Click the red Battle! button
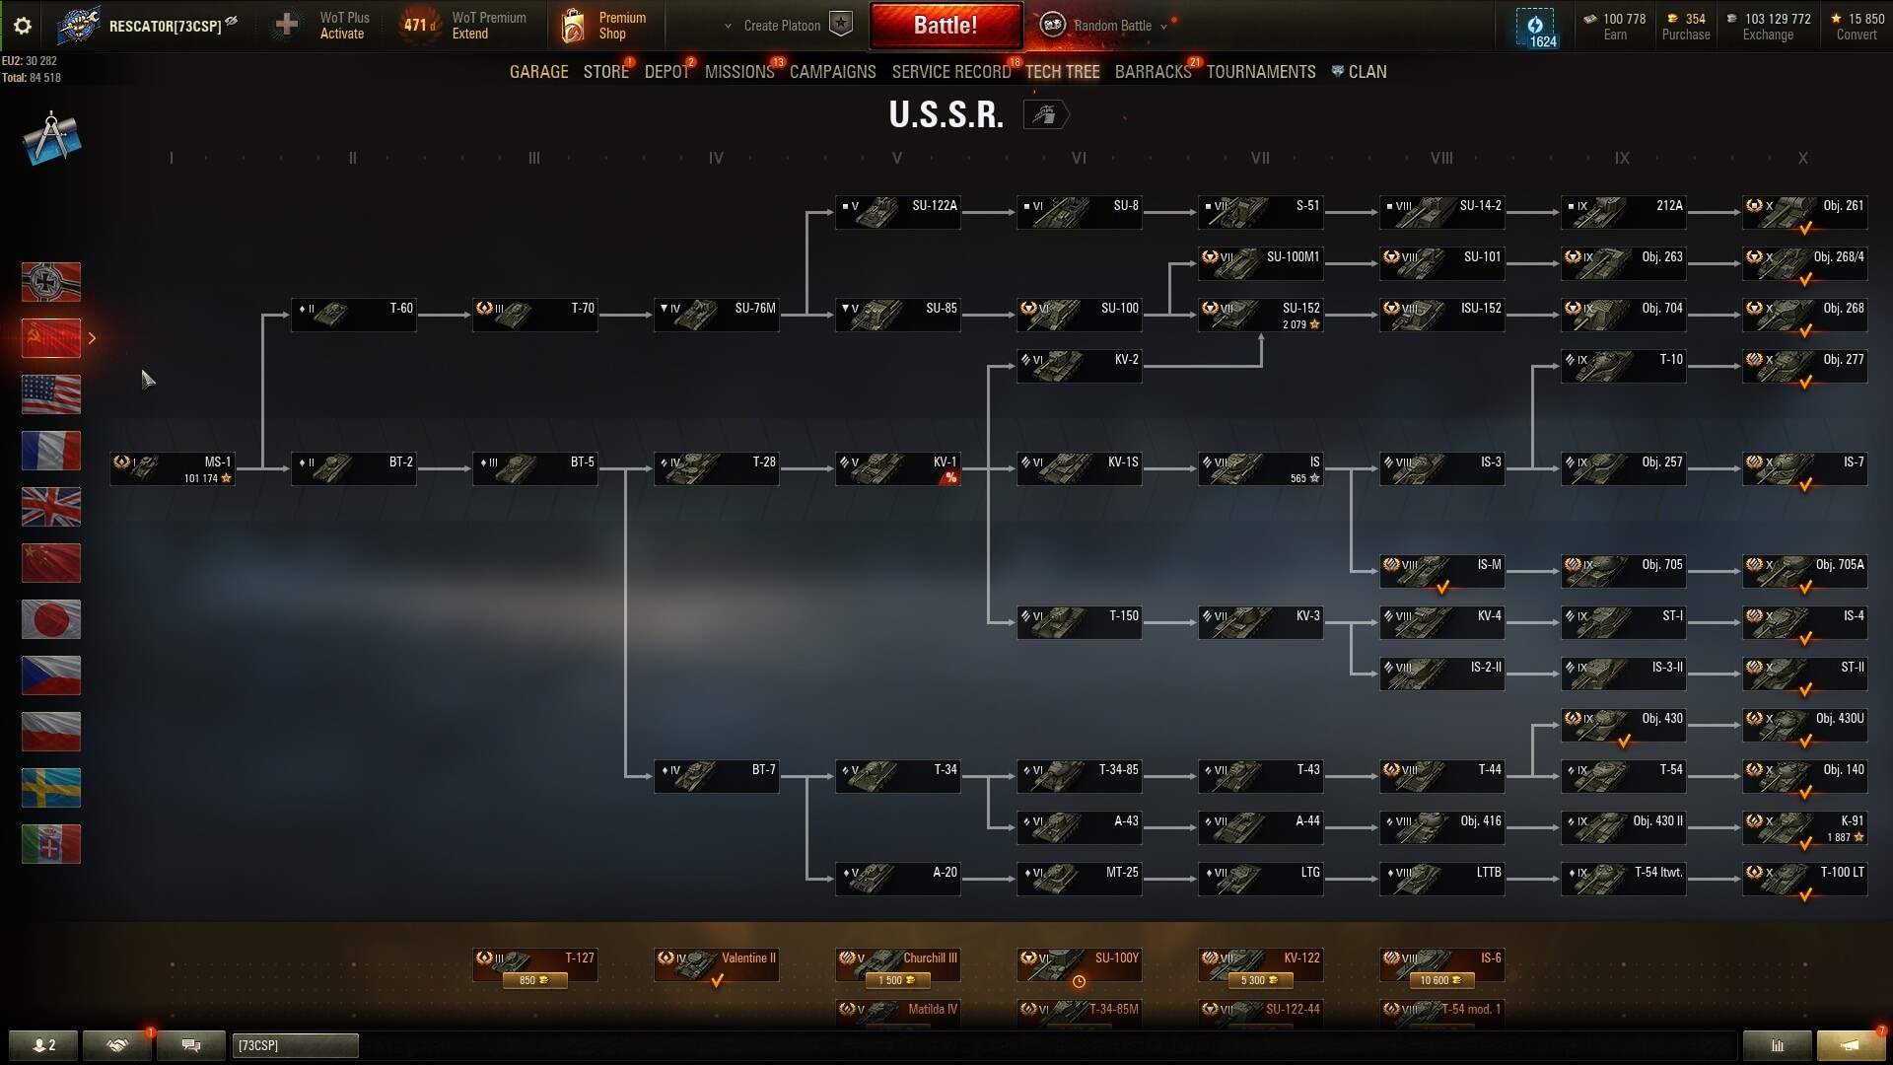[x=945, y=26]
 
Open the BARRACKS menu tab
[x=1153, y=72]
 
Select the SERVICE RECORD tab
[x=950, y=72]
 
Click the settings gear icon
[x=22, y=26]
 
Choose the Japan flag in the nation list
[x=51, y=619]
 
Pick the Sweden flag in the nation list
[x=51, y=788]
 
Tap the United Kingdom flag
[x=51, y=507]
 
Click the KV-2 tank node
[x=1079, y=367]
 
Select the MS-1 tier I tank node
[x=173, y=468]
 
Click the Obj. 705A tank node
[x=1804, y=572]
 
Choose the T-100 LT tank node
[x=1804, y=880]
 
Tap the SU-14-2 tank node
[x=1441, y=213]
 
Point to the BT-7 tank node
[x=716, y=777]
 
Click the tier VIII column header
[x=1441, y=158]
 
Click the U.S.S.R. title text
[x=946, y=115]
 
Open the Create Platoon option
[x=782, y=26]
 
